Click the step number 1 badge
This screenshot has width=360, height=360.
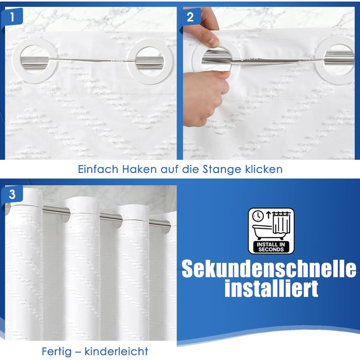[x=12, y=16]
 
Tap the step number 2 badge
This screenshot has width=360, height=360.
[x=190, y=17]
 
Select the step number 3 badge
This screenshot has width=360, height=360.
[x=12, y=194]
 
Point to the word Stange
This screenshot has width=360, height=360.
[x=222, y=170]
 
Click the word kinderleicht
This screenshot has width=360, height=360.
[x=116, y=351]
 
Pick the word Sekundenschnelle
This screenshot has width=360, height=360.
[x=269, y=268]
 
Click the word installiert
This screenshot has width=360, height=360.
[x=272, y=288]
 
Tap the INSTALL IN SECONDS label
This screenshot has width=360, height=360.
[x=271, y=247]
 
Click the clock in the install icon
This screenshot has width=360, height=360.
[x=258, y=216]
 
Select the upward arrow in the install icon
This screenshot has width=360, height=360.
[x=268, y=215]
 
